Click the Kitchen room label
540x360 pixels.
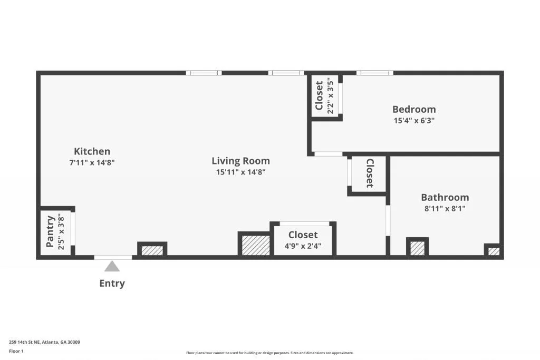(92, 151)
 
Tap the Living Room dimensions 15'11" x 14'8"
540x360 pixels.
(240, 172)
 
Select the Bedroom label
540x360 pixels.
(414, 109)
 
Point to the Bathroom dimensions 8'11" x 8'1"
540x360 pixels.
(445, 208)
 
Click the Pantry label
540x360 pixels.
(51, 231)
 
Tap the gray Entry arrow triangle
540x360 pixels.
(112, 266)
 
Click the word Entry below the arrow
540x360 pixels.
(112, 284)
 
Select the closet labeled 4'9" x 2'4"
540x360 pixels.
(303, 240)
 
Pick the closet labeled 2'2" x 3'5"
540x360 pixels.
(324, 96)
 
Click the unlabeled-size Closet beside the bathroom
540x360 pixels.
(369, 173)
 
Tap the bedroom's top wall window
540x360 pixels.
(374, 73)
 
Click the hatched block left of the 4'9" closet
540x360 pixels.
(255, 245)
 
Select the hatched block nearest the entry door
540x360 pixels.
(152, 250)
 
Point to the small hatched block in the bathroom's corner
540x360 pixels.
(493, 251)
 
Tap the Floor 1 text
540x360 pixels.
(16, 351)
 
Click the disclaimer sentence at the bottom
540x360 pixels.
(269, 353)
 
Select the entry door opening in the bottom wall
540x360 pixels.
(113, 257)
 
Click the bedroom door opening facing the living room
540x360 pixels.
(328, 154)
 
